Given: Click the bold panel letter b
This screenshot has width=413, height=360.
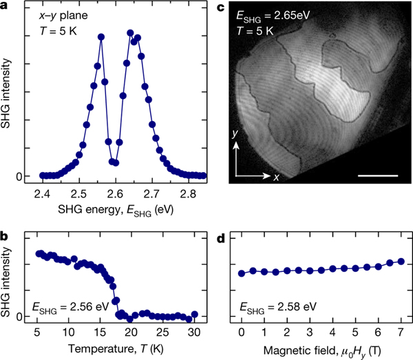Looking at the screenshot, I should [4, 236].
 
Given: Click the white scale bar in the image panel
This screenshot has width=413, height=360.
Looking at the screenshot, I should [379, 175].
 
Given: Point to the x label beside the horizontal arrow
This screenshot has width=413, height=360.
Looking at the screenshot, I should [275, 178].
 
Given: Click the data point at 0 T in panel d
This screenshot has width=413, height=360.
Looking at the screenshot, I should [242, 273].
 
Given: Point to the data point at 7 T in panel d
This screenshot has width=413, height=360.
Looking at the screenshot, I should [401, 262].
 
